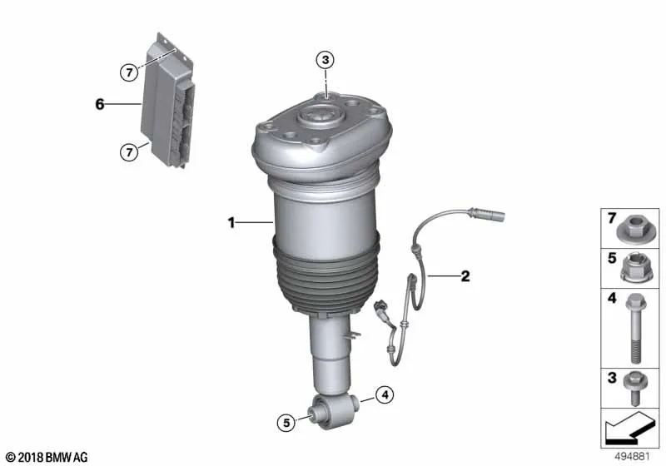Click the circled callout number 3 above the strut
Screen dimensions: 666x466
[326, 60]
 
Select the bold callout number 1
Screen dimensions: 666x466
[231, 222]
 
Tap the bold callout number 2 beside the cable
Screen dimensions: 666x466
[465, 276]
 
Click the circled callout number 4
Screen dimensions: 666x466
[385, 395]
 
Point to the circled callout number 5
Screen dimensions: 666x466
[286, 423]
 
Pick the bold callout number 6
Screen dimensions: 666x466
[99, 104]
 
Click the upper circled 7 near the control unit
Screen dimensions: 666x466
[129, 72]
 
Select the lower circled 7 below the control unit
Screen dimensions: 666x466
[129, 151]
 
